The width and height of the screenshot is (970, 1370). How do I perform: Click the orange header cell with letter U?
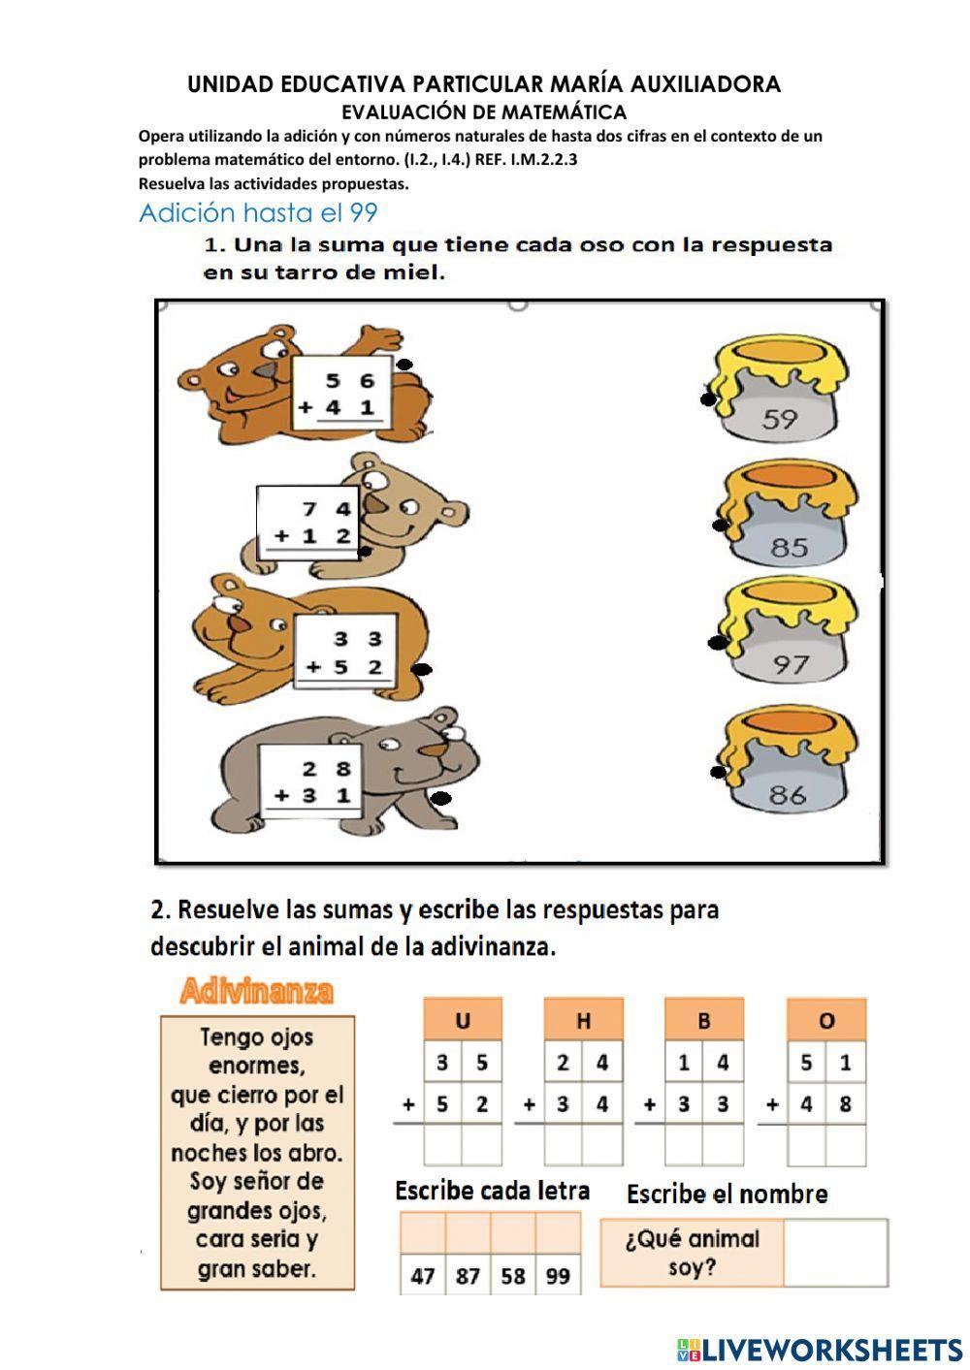tap(463, 1020)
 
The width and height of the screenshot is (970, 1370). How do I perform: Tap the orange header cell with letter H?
tap(583, 1020)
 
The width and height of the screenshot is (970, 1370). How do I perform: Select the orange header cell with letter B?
tap(704, 1020)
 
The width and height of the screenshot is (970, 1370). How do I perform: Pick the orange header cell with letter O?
tap(826, 1020)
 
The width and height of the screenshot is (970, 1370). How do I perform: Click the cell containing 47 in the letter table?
tap(423, 1276)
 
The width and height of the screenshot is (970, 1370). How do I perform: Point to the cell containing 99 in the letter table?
tap(558, 1276)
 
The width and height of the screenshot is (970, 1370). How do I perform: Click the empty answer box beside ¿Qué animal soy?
tap(834, 1253)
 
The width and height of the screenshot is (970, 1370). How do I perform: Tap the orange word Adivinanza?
tap(256, 992)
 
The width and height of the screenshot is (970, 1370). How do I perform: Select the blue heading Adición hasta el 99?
tap(258, 212)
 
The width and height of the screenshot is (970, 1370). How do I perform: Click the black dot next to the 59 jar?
tap(709, 399)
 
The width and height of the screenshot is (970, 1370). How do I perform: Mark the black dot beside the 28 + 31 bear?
tap(441, 799)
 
